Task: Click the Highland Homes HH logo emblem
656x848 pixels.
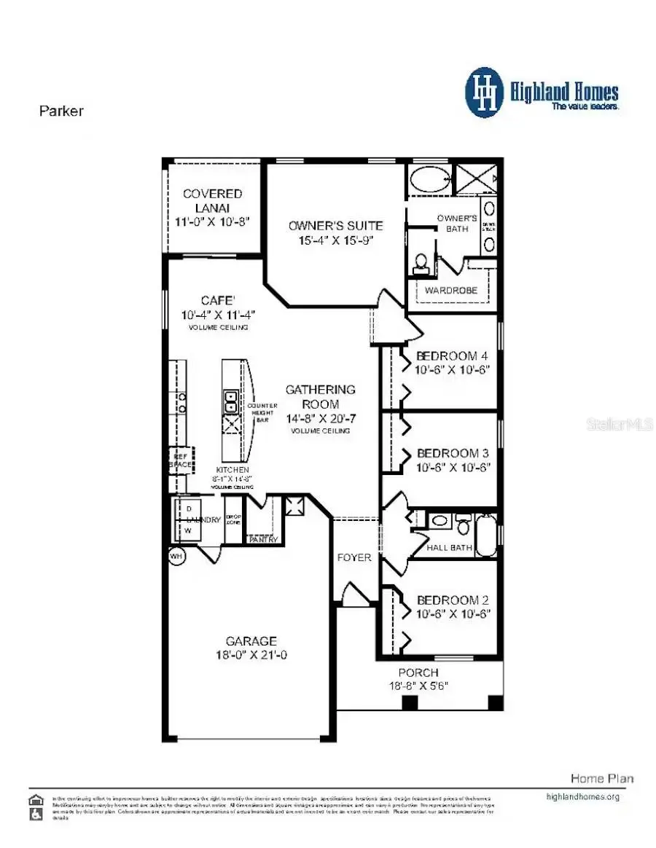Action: click(x=485, y=93)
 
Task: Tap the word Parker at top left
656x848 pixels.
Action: click(x=60, y=111)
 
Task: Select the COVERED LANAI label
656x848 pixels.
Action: click(x=212, y=200)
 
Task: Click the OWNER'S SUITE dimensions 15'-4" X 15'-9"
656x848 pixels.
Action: click(x=335, y=240)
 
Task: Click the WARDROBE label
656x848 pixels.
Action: click(x=451, y=290)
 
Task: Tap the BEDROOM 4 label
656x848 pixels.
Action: click(x=451, y=356)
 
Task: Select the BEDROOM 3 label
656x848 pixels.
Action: click(x=451, y=452)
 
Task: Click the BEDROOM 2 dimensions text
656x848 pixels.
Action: click(x=453, y=614)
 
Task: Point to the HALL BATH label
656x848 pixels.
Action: click(x=449, y=548)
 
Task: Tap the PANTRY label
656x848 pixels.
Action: click(x=262, y=540)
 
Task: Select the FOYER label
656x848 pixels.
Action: click(x=354, y=557)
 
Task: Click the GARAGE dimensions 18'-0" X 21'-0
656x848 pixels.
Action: click(x=250, y=655)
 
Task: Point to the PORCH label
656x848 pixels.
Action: click(x=418, y=672)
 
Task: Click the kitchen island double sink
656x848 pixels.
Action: click(x=230, y=401)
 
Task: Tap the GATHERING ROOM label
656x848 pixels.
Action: click(x=320, y=396)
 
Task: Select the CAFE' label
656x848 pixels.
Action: click(x=218, y=301)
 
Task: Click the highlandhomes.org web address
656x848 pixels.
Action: click(x=582, y=796)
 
